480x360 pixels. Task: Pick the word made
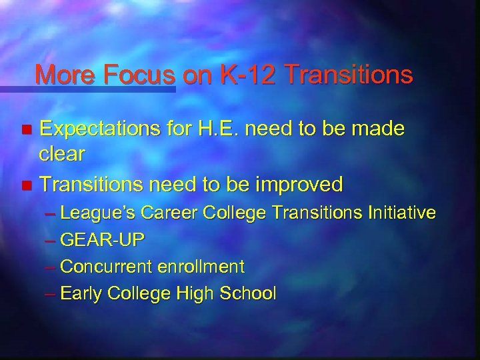tap(376, 128)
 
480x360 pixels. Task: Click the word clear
tap(61, 155)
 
